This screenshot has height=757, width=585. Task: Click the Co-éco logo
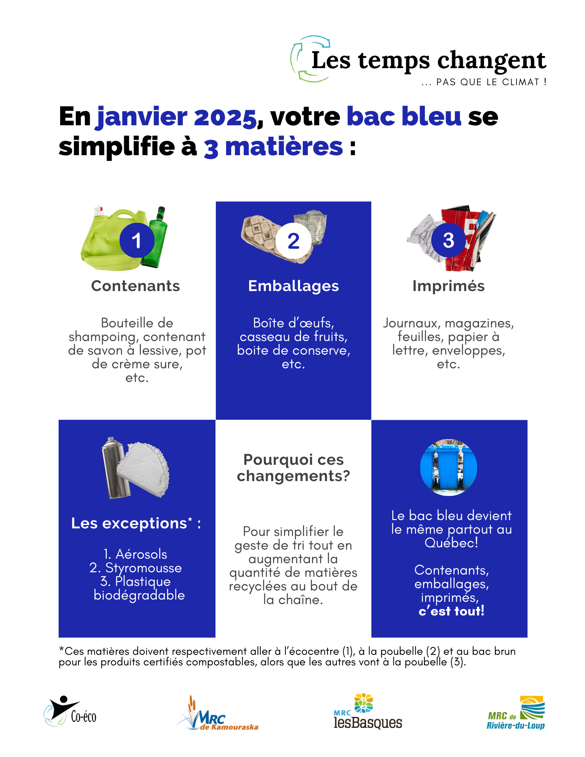pyautogui.click(x=70, y=712)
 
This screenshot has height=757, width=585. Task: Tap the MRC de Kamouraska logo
pyautogui.click(x=218, y=714)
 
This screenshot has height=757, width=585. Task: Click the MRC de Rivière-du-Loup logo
pyautogui.click(x=516, y=713)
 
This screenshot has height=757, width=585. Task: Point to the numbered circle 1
pyautogui.click(x=137, y=240)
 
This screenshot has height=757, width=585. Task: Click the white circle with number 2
pyautogui.click(x=293, y=241)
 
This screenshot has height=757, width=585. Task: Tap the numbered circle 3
pyautogui.click(x=448, y=240)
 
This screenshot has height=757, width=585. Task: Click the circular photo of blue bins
pyautogui.click(x=449, y=467)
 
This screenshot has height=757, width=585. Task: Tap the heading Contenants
pyautogui.click(x=136, y=286)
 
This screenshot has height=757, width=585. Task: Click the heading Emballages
pyautogui.click(x=293, y=286)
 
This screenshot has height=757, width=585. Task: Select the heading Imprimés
pyautogui.click(x=448, y=286)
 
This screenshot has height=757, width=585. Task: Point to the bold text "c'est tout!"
pyautogui.click(x=451, y=611)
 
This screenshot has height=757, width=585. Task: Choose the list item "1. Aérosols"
pyautogui.click(x=136, y=554)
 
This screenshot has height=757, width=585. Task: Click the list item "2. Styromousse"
pyautogui.click(x=136, y=568)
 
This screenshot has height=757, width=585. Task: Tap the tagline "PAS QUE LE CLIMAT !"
pyautogui.click(x=491, y=82)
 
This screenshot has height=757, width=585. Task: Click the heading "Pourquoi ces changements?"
pyautogui.click(x=293, y=468)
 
